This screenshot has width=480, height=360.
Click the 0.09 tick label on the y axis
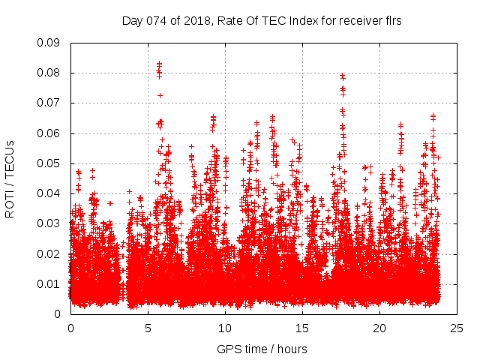coord(50,43)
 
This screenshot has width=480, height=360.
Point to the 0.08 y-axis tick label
coord(50,73)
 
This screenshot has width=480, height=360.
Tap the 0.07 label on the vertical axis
coord(50,103)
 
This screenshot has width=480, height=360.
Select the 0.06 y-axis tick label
coord(50,133)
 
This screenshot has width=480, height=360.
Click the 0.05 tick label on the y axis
coord(50,163)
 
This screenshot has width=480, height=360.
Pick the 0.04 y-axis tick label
coord(50,193)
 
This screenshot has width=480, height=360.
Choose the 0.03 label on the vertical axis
coord(50,223)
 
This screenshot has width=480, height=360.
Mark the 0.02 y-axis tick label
coord(50,253)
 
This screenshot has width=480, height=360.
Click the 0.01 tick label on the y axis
coord(50,283)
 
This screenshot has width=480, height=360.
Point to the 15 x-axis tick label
coord(302,328)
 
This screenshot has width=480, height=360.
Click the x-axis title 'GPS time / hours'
coord(262,349)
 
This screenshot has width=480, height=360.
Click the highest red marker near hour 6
coord(159,64)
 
